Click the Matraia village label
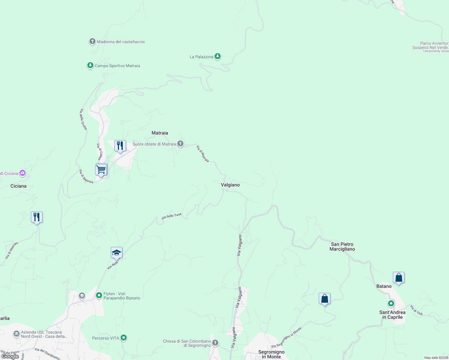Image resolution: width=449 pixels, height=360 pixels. click(160, 133)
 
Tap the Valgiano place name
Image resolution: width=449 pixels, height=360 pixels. click(230, 185)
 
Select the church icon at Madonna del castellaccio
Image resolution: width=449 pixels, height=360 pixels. click(92, 41)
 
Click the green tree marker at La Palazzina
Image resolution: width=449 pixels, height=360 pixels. click(218, 56)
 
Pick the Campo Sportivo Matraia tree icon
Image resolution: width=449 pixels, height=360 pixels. click(90, 65)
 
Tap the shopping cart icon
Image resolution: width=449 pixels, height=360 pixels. click(101, 170)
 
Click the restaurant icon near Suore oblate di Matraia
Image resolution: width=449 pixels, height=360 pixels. click(120, 146)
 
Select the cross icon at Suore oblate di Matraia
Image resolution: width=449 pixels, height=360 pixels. click(180, 144)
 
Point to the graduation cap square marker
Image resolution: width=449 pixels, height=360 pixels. click(116, 253)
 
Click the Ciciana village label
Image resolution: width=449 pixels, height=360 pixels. click(18, 186)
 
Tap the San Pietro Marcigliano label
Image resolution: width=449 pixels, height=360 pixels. click(342, 247)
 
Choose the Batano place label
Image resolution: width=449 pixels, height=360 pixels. click(384, 286)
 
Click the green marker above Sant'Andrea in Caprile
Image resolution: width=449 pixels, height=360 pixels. click(391, 304)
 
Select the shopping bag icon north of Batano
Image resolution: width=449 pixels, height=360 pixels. click(399, 278)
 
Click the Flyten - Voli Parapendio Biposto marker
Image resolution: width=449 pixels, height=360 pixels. click(99, 295)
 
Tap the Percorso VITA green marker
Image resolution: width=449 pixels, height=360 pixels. click(123, 338)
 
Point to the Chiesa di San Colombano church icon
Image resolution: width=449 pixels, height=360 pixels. click(215, 343)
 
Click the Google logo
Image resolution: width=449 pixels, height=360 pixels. click(10, 356)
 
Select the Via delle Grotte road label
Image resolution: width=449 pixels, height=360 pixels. click(83, 119)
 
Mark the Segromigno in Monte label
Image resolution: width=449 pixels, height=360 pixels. click(271, 354)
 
